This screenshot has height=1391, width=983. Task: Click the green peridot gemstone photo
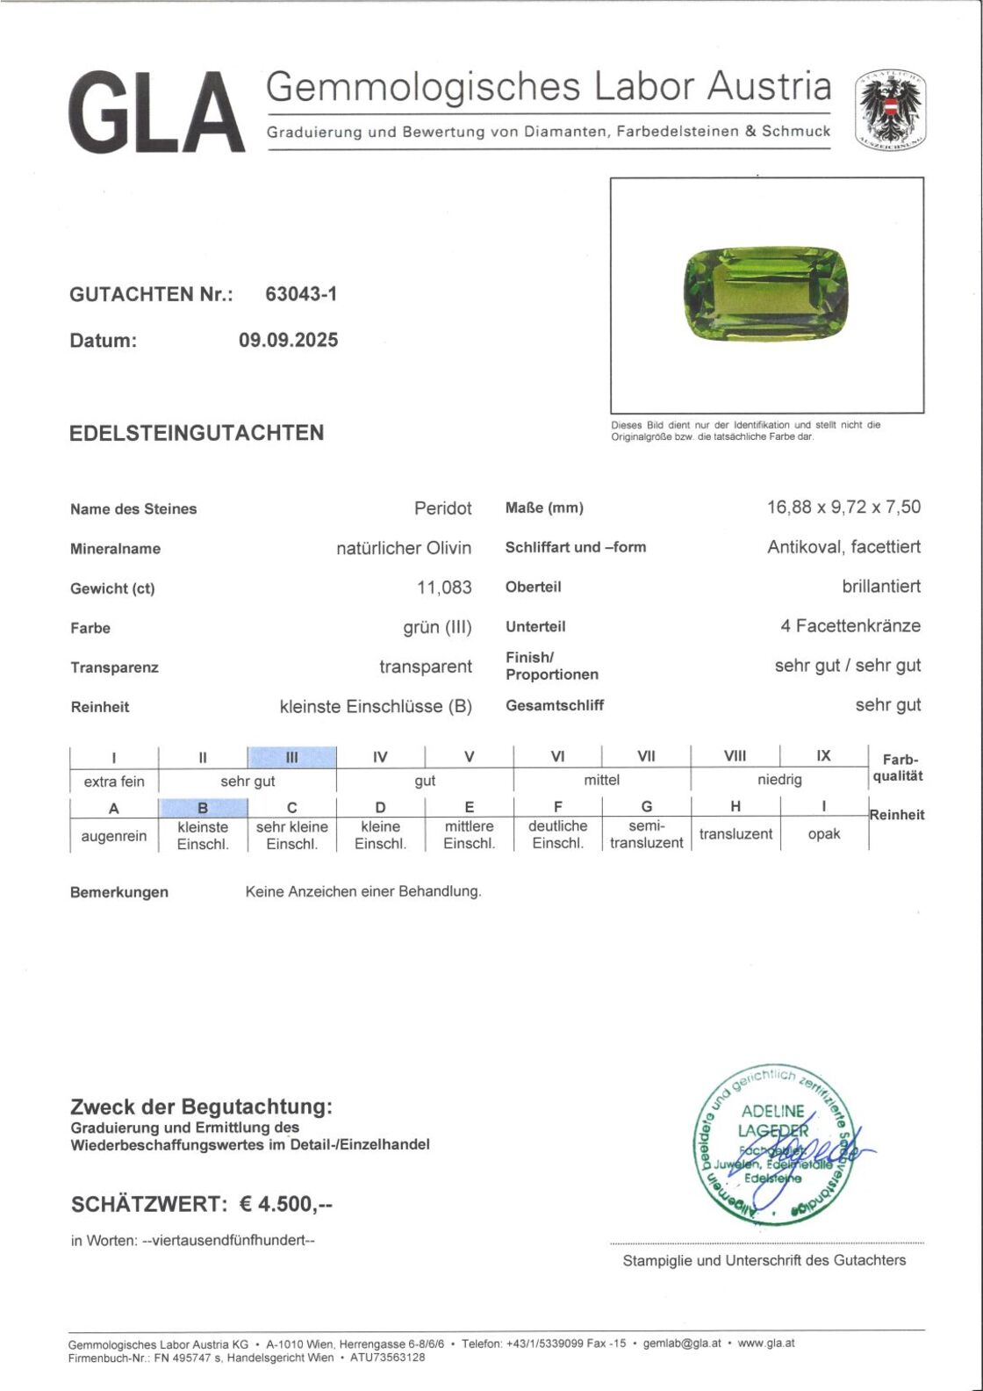pos(765,294)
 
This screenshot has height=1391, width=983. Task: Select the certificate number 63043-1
pos(301,294)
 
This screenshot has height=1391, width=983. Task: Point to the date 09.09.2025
pos(288,340)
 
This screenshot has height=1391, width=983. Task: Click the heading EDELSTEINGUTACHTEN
pos(197,433)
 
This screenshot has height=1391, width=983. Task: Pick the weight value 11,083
pos(444,587)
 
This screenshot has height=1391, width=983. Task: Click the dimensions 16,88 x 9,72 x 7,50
pos(843,507)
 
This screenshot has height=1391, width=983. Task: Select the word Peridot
pos(442,508)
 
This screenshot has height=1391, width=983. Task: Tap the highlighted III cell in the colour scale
pos(292,757)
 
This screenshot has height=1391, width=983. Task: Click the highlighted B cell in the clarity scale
pos(203,808)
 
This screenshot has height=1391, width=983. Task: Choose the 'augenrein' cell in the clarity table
pos(114,836)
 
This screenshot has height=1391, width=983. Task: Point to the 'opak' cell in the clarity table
pos(823,834)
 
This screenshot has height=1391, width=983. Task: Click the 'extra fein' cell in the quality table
pos(114,782)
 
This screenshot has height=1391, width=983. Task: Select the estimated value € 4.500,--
pos(286,1204)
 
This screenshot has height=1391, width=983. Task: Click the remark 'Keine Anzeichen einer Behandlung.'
pos(363,891)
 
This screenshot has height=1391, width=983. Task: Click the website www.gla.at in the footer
pos(766,1343)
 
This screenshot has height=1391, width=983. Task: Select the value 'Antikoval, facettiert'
pos(843,547)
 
